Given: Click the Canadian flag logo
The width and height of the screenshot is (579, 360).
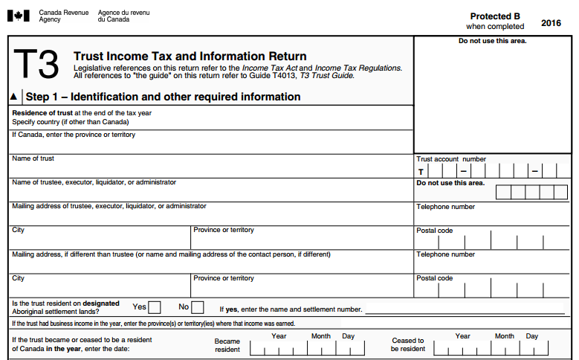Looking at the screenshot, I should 19,16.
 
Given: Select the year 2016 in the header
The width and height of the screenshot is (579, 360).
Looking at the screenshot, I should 551,23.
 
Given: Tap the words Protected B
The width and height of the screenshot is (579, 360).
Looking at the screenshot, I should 495,16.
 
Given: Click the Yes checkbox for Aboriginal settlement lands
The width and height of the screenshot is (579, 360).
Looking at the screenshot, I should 155,306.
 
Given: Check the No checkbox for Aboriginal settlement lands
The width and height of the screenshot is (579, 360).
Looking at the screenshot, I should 198,306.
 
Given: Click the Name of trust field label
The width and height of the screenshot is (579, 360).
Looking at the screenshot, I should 33,158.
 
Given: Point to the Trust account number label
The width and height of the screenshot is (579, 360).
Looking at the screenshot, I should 451,159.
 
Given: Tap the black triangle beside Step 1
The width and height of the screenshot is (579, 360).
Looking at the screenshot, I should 13,97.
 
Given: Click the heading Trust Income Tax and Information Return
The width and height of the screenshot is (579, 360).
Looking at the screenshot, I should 190,57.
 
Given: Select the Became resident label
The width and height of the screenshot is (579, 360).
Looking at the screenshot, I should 227,345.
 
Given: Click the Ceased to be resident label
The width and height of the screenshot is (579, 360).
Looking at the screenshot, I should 408,345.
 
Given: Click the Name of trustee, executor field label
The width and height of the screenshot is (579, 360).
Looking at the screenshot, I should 94,182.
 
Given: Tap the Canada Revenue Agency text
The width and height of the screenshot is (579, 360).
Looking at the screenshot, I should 62,16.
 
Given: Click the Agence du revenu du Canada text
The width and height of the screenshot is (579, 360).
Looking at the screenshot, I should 123,16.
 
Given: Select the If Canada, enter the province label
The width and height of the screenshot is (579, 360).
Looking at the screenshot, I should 73,135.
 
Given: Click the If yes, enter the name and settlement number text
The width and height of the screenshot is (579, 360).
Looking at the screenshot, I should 291,309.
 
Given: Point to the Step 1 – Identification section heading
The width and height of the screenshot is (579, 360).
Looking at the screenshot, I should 163,97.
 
